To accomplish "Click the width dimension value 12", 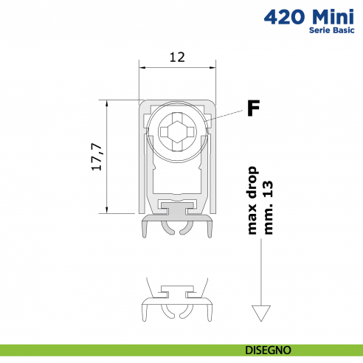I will tap(177, 55).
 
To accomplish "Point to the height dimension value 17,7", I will tap(96, 156).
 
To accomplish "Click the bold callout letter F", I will tap(253, 109).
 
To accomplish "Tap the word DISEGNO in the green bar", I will tap(269, 349).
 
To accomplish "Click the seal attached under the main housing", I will tap(177, 221).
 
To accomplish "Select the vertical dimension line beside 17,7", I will tap(108, 156).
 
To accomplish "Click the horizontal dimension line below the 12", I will tap(177, 68).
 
